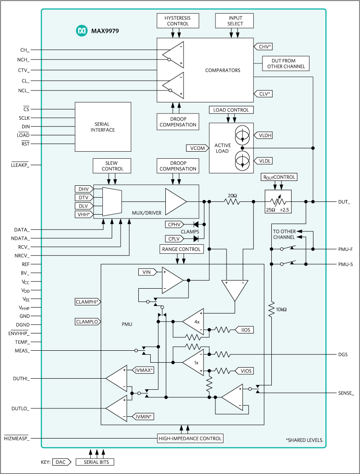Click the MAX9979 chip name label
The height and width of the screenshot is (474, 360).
[105, 31]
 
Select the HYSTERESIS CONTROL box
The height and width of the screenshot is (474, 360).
[177, 20]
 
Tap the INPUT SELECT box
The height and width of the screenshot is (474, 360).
[235, 20]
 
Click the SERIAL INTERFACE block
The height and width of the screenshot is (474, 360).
[103, 127]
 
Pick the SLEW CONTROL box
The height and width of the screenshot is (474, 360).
[113, 166]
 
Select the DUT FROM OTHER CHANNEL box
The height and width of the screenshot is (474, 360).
[286, 63]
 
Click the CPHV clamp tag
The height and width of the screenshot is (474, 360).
[174, 224]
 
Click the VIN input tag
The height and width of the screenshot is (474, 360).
[146, 272]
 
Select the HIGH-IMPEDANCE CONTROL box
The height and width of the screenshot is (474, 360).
[190, 439]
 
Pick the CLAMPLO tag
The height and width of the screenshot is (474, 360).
[88, 321]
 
